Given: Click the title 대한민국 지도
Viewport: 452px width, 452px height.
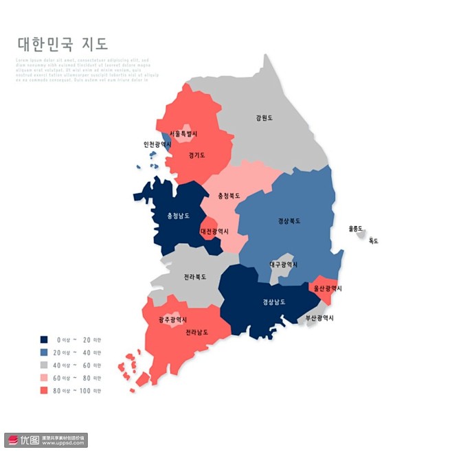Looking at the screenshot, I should tap(63, 45).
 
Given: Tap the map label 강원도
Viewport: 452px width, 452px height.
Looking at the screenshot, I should tap(264, 118).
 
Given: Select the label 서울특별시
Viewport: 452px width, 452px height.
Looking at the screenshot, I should tap(183, 133).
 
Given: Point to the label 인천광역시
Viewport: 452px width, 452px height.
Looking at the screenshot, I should tap(157, 144).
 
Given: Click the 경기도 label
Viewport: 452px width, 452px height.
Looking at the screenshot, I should tap(197, 155).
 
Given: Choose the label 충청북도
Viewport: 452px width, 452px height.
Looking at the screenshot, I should tap(229, 196).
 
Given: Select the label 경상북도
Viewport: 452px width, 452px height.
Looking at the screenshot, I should tap(289, 221).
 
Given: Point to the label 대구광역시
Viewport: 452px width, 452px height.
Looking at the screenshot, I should tap(284, 264).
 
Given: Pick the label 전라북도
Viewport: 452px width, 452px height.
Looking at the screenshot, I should tap(195, 278).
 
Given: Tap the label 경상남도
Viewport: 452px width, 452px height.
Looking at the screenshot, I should tap(273, 302).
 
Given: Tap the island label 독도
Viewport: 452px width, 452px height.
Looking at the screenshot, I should tap(374, 241).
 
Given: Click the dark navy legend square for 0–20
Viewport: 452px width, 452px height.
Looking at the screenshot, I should tap(44, 339).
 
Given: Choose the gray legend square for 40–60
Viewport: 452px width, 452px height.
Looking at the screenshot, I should tap(44, 365).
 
